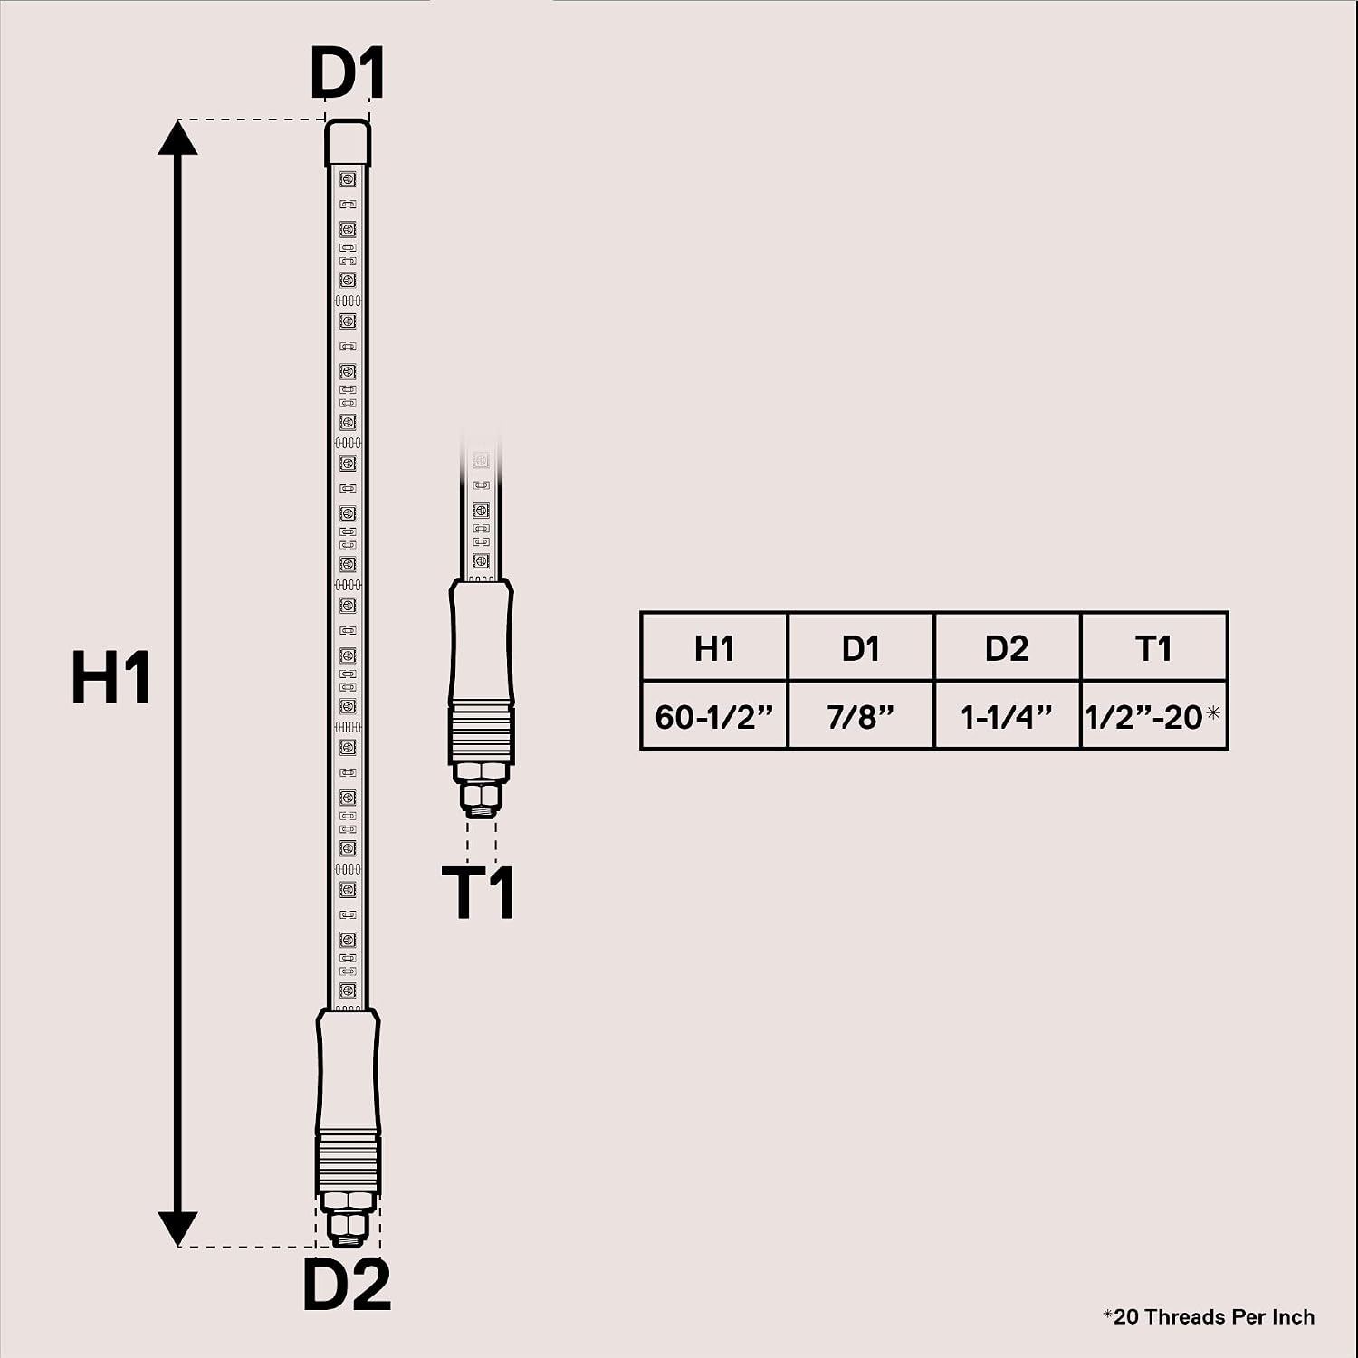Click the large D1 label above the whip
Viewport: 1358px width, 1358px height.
[x=348, y=72]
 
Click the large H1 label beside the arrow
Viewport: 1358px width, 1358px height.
[x=110, y=677]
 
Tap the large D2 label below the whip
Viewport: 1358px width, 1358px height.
[x=347, y=1284]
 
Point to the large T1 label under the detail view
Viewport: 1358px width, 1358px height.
[x=479, y=893]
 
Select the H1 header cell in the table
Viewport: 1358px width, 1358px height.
[x=714, y=647]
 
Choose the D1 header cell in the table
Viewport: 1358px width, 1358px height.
[x=861, y=647]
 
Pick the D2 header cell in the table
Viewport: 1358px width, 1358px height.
[x=1007, y=647]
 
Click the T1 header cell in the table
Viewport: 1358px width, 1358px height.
[x=1154, y=647]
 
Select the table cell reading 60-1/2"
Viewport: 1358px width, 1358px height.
[x=714, y=716]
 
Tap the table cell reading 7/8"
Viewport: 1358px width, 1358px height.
[x=861, y=716]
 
